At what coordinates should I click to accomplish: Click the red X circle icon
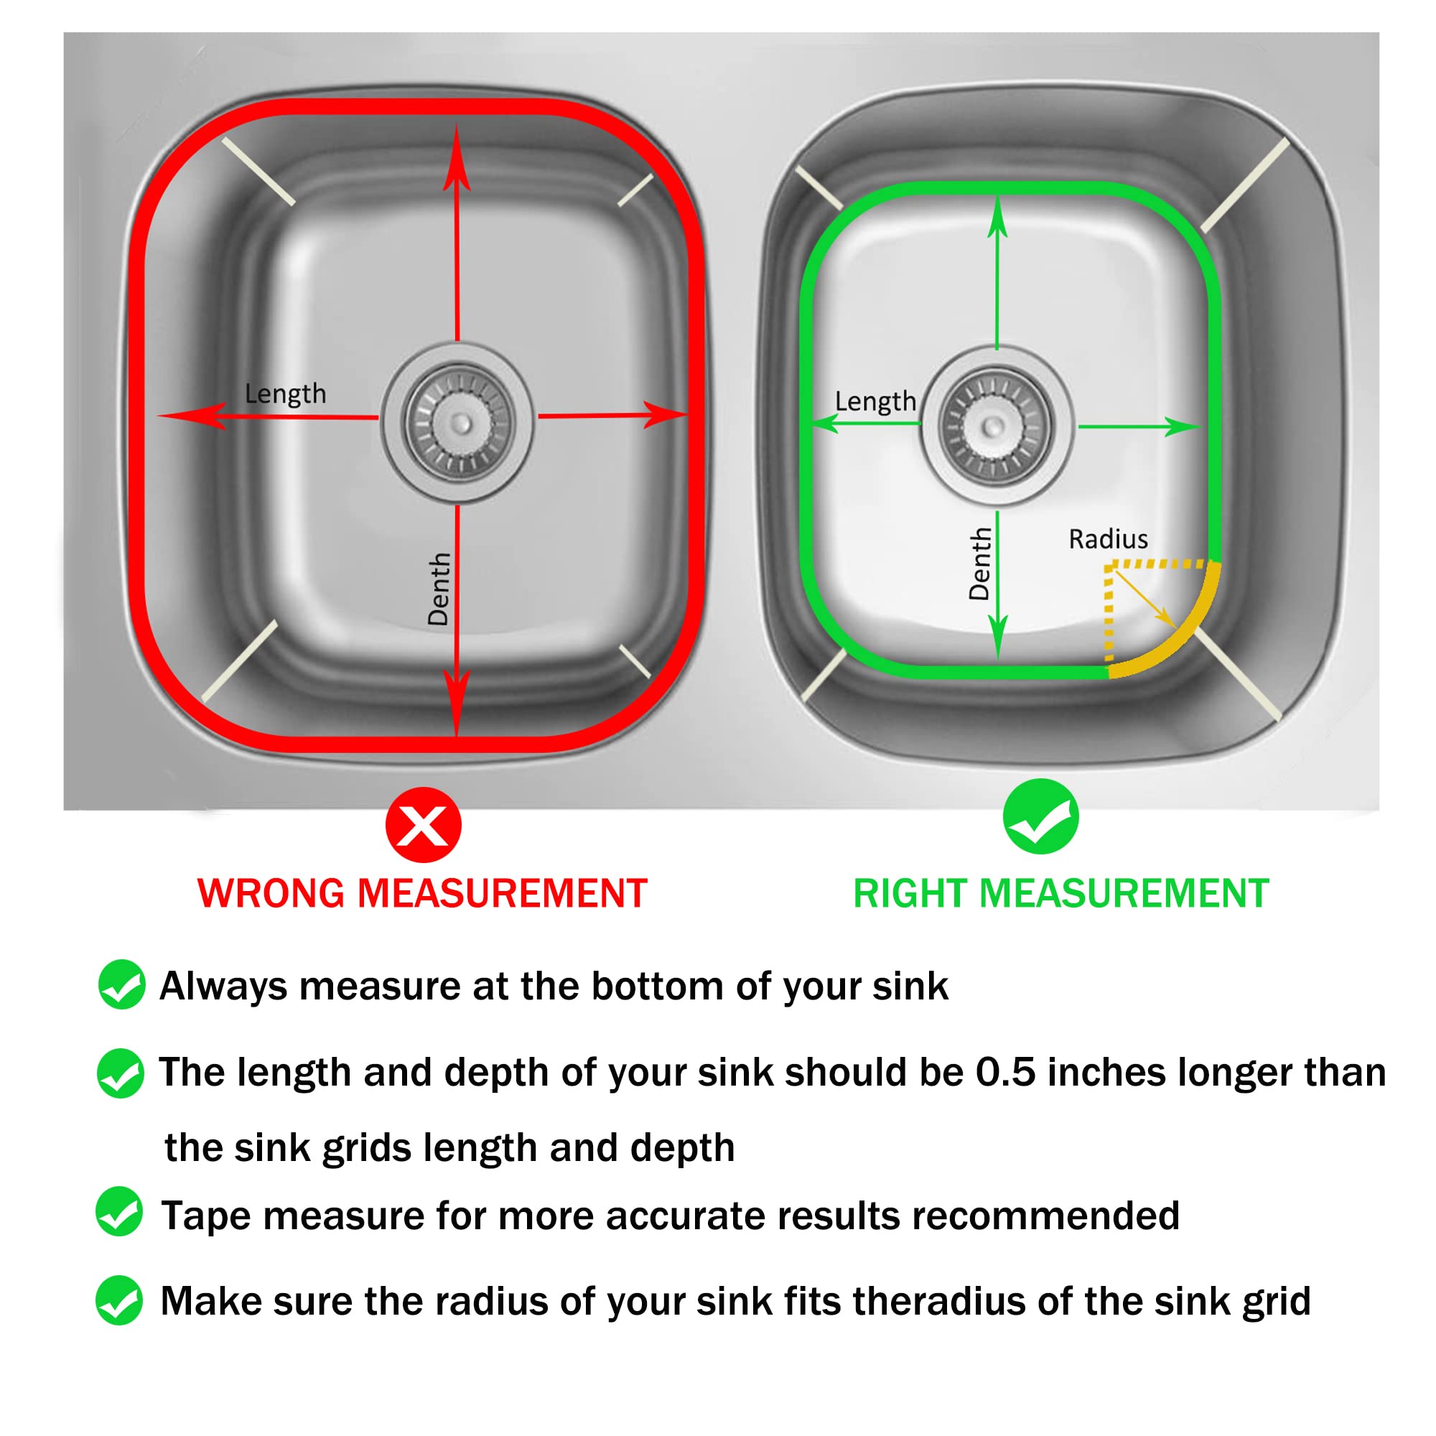tap(423, 824)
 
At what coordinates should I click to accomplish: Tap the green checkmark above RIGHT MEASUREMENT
tap(1040, 816)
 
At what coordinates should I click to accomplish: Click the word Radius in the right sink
tap(1108, 539)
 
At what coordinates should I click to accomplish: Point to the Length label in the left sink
tap(286, 394)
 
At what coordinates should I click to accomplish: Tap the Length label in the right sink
tap(875, 401)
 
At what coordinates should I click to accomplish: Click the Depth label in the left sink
tap(439, 589)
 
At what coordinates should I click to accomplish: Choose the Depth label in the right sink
tap(979, 564)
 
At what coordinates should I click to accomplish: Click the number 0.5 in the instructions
tap(1005, 1073)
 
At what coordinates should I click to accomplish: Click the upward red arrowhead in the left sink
tap(457, 159)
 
